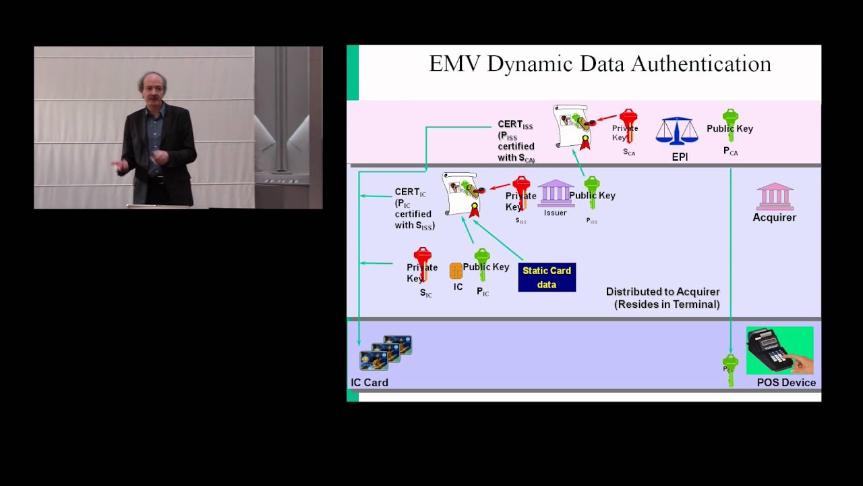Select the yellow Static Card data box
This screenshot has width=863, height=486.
pos(547,277)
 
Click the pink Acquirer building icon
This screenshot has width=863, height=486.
pos(775,196)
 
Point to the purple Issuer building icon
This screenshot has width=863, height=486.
pos(556,193)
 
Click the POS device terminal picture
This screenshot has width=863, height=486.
pos(779,350)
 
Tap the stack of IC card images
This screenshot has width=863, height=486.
pos(386,352)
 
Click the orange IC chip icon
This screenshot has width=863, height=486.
pos(456,271)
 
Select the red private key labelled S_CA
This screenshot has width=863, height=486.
pos(628,126)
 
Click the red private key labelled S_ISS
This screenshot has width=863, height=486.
pos(521,193)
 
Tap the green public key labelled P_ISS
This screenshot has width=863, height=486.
pos(592,192)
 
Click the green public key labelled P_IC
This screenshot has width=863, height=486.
pos(481,264)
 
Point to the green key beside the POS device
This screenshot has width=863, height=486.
pos(730,370)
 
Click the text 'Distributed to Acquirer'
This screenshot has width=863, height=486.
pos(663,292)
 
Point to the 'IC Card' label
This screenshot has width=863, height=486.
pos(369,383)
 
